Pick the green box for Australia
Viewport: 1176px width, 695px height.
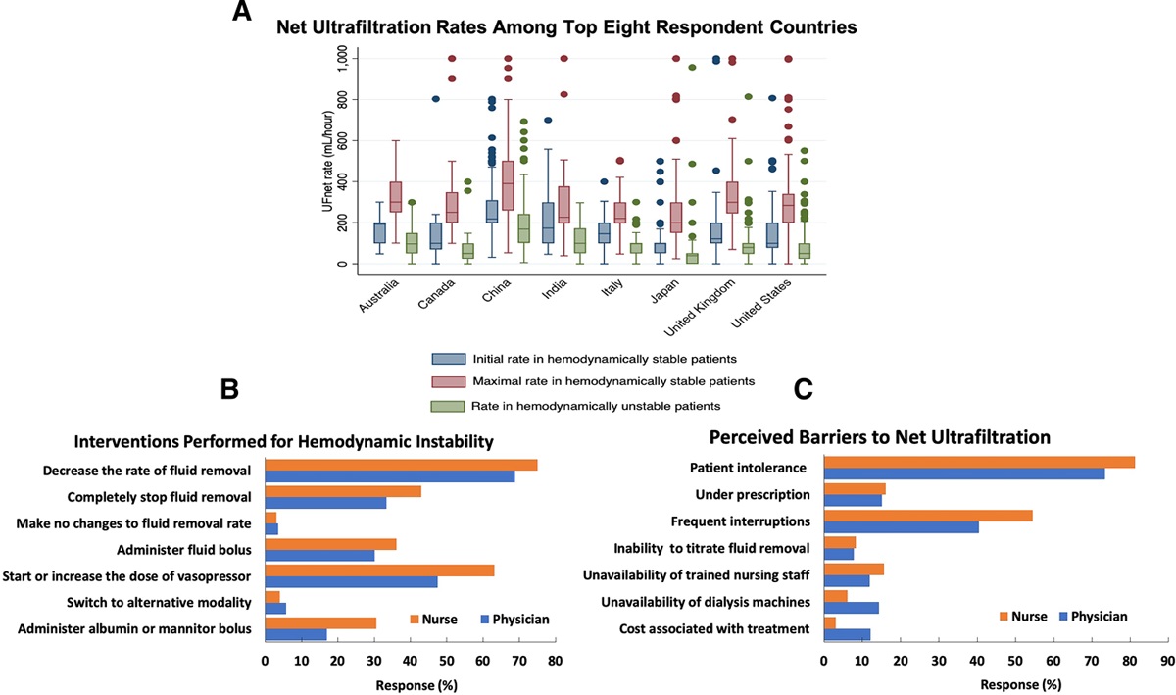pyautogui.click(x=412, y=242)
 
